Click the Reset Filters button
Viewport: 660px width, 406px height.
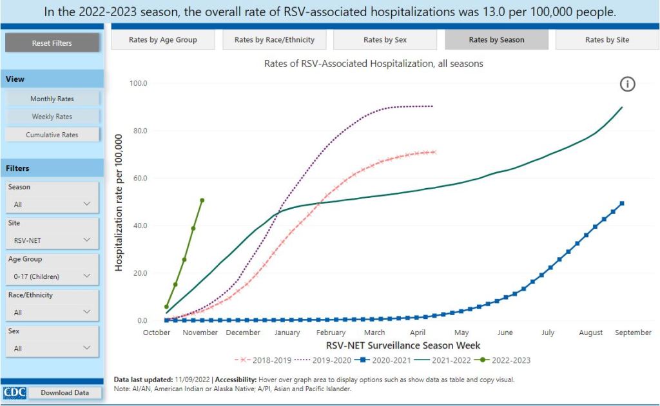point(52,43)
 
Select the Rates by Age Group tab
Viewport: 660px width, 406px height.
point(163,40)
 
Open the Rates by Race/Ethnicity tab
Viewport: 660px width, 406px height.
point(275,40)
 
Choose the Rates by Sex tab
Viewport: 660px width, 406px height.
point(385,40)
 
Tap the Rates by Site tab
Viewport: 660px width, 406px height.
point(607,40)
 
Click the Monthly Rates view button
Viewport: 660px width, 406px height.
point(52,99)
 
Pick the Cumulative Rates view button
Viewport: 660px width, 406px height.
point(52,135)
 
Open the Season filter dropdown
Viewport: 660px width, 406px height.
point(52,204)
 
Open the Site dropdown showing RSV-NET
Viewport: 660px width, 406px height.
point(52,240)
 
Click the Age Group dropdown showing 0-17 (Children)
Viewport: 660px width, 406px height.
point(52,276)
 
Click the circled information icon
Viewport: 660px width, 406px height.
point(627,84)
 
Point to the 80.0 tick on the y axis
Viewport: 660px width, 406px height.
point(139,131)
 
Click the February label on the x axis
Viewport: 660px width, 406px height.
point(331,333)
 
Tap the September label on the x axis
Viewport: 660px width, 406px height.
point(633,333)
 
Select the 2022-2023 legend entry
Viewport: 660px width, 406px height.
point(508,360)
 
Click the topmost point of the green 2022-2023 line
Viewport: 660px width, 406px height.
point(202,200)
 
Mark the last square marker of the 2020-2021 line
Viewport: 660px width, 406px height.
point(622,204)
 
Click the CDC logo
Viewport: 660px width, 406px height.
point(14,392)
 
